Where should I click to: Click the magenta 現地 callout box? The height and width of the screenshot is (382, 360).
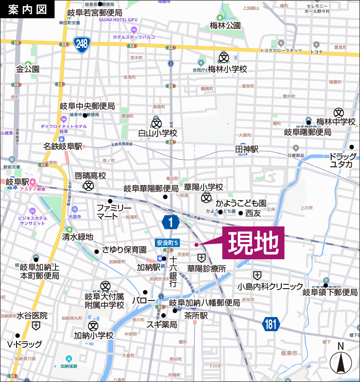click(x=253, y=243)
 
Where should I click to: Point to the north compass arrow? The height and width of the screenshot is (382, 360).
click(x=340, y=363)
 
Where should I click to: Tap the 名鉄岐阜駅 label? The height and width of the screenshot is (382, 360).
click(x=63, y=146)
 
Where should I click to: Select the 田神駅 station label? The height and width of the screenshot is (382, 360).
click(x=247, y=149)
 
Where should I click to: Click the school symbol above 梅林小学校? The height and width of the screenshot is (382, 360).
click(x=224, y=58)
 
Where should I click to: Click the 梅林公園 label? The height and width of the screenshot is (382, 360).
click(x=225, y=26)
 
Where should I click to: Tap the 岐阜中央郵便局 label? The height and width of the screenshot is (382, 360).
click(x=87, y=106)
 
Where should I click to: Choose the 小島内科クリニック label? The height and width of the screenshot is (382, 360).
click(x=270, y=286)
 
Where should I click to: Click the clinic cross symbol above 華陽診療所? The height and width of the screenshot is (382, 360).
click(x=202, y=258)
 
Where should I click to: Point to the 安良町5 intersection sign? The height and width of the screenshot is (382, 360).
click(x=168, y=243)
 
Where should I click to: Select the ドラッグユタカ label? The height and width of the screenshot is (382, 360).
click(x=342, y=160)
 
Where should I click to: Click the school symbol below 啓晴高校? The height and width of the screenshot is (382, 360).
click(x=89, y=186)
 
